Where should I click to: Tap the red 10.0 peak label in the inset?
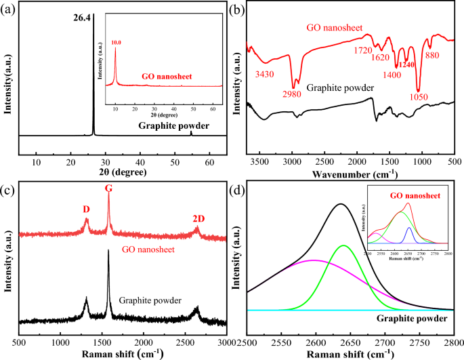coord(116,41)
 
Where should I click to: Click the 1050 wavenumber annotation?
coord(420,96)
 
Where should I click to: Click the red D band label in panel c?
coord(86,209)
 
